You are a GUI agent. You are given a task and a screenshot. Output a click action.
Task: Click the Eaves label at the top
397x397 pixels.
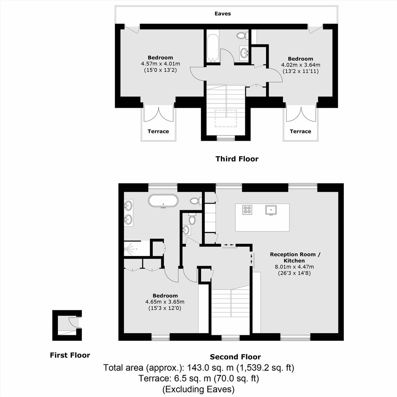pos(223,14)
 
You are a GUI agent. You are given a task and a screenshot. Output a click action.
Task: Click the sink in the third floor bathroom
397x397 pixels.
pos(244,53)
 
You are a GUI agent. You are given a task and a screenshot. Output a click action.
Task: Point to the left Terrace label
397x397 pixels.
pos(158,131)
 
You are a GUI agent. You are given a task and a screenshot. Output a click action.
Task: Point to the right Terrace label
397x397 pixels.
pos(300,131)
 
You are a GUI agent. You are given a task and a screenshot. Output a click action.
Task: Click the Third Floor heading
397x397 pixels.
pos(237,159)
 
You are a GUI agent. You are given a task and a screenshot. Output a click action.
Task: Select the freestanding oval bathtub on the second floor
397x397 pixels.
pos(163,201)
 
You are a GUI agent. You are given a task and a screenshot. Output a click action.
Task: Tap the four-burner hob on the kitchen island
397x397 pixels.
pos(247,209)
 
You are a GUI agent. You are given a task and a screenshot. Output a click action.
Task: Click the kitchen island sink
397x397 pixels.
pos(271,210)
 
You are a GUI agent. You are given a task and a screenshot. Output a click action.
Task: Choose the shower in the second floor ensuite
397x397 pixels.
pos(133,249)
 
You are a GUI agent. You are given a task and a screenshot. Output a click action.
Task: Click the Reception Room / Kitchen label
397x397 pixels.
pos(295,258)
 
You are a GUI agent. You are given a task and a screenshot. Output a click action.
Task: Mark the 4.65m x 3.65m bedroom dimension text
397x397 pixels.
pos(165,302)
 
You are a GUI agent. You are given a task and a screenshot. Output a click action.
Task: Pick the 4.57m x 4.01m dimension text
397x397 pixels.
pos(160,64)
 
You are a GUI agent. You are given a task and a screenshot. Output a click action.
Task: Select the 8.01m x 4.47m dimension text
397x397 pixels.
pos(294,266)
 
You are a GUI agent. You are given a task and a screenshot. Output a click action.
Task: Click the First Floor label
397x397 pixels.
pos(70,355)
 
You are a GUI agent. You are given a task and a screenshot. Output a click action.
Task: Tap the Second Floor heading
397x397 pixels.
pos(235,357)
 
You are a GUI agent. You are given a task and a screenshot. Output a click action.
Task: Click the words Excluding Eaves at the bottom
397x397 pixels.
pos(198,389)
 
